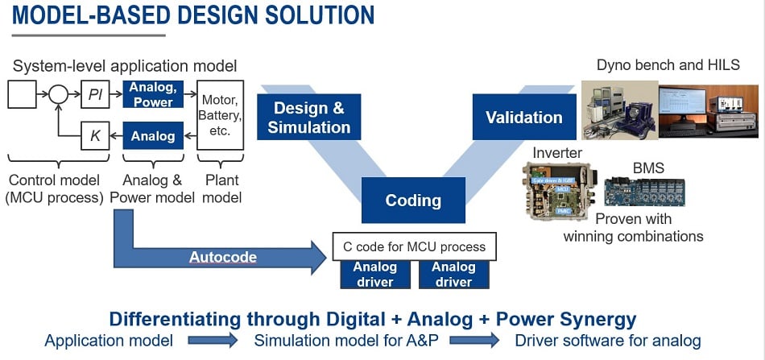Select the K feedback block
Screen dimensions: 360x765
(x=94, y=136)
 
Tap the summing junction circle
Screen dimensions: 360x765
(x=58, y=95)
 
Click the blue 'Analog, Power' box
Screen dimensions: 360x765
(x=153, y=95)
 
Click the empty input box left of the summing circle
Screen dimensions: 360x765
(x=22, y=95)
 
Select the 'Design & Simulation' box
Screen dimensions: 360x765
(x=308, y=118)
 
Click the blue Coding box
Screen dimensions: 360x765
(x=412, y=201)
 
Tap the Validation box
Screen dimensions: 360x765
(x=523, y=118)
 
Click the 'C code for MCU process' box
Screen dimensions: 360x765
(x=414, y=247)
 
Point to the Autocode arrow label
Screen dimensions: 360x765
(x=222, y=258)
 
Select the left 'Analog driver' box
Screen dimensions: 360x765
(x=374, y=275)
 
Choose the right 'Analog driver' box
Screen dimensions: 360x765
(x=453, y=275)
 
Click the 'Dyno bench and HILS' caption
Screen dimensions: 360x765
(x=668, y=64)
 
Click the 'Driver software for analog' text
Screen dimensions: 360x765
(x=608, y=341)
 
